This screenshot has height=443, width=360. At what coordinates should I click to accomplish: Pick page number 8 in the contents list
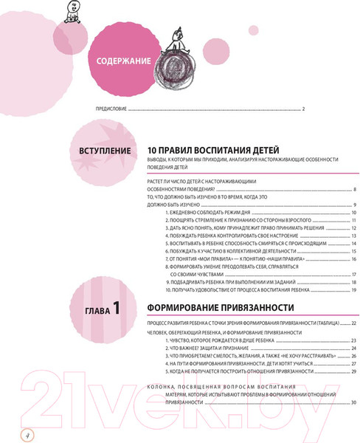point(355,190)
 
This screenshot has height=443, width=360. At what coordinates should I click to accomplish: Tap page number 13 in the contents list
point(354,236)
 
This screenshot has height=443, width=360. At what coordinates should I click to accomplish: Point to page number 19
point(354,290)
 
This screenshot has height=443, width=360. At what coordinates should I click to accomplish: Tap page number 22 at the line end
point(354,324)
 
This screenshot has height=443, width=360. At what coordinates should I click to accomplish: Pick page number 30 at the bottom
point(354,402)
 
